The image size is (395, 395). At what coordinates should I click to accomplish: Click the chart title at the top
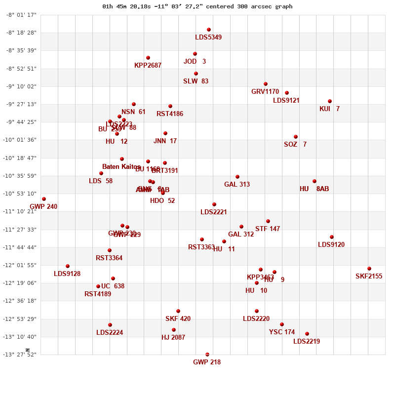click(197, 6)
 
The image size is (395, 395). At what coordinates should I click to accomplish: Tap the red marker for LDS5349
click(209, 30)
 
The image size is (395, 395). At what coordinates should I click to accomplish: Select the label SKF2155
click(369, 276)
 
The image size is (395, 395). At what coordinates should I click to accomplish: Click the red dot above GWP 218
click(207, 355)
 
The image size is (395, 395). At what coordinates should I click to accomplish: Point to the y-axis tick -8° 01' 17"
click(21, 15)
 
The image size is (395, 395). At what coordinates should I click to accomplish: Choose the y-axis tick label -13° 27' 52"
click(21, 355)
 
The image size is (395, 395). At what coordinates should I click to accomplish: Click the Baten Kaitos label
click(121, 166)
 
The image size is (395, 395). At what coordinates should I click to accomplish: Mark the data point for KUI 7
click(330, 101)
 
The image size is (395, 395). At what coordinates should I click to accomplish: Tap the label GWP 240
click(43, 206)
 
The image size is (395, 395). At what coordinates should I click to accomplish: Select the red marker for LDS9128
click(68, 266)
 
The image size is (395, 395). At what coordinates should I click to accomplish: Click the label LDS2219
click(307, 341)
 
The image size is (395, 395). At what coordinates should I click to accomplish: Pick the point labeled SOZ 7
click(296, 137)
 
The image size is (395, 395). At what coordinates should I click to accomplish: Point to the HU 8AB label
click(314, 189)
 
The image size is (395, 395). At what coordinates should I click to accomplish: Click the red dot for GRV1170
click(266, 84)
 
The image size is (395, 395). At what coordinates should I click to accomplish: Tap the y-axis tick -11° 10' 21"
click(21, 211)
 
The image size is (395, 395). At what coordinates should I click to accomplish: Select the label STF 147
click(268, 229)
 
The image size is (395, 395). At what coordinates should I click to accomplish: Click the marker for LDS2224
click(110, 325)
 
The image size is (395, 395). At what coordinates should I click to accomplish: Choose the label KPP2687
click(148, 65)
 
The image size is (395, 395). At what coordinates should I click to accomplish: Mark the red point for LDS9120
click(332, 237)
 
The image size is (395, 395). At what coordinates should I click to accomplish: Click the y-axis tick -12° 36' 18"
click(21, 301)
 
